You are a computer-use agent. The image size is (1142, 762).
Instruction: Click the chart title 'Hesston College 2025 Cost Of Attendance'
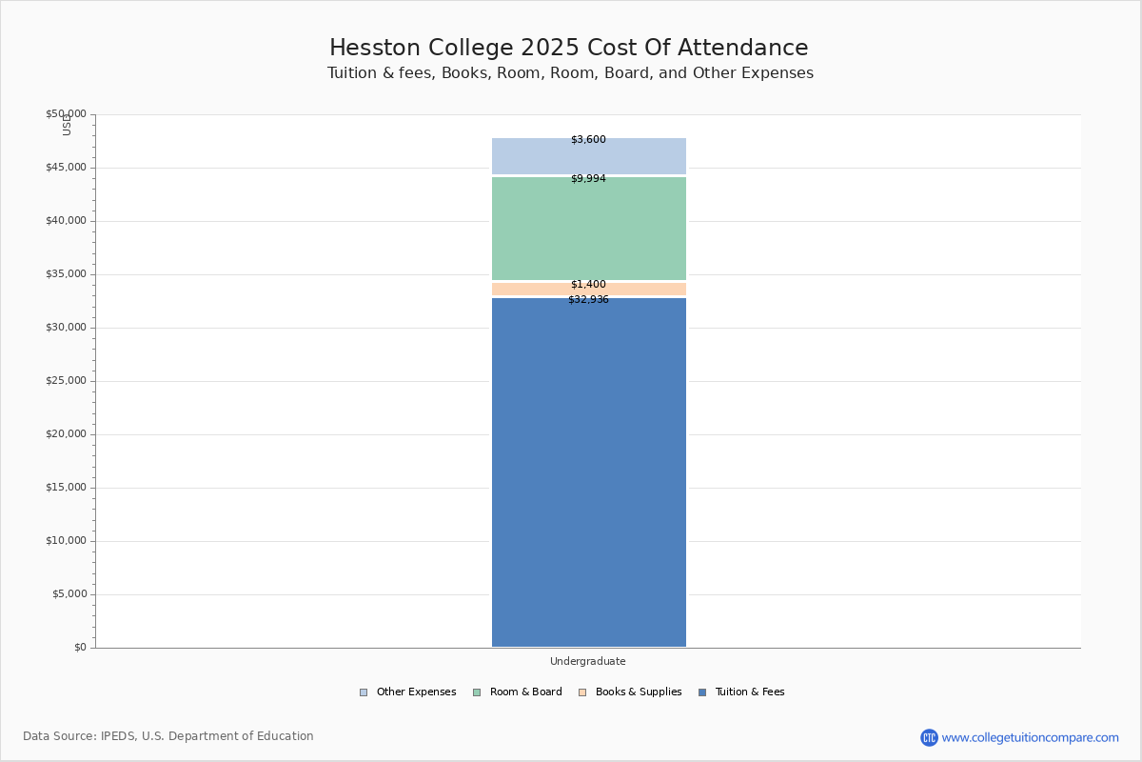click(569, 49)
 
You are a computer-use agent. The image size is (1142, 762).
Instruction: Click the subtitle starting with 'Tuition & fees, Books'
click(570, 73)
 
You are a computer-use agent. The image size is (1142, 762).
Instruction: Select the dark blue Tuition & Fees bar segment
click(588, 476)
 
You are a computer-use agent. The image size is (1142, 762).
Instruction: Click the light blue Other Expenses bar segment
click(588, 157)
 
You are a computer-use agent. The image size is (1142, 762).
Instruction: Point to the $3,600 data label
click(588, 140)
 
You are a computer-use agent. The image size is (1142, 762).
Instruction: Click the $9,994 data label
click(588, 179)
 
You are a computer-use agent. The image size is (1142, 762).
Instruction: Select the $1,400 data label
click(588, 285)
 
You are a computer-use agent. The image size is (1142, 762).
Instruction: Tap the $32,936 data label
click(588, 300)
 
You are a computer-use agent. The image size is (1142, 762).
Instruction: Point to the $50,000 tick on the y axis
click(66, 114)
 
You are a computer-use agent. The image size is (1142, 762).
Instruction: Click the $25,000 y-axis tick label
click(66, 381)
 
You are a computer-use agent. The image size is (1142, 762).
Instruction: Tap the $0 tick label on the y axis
click(79, 648)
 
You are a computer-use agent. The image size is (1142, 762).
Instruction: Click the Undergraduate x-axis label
click(588, 662)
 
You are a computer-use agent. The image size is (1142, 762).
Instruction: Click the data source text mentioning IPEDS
click(168, 736)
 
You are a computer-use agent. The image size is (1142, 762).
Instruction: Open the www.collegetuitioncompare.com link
click(1030, 737)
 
